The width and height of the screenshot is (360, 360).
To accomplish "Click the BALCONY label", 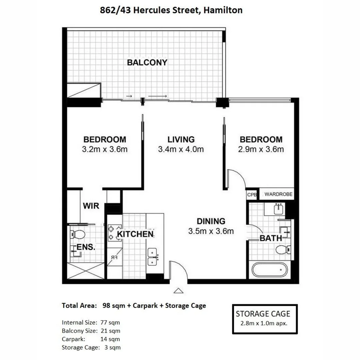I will point(147,62).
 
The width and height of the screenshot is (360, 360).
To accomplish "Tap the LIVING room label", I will point(181,139).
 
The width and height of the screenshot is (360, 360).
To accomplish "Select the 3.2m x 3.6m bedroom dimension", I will point(105,149).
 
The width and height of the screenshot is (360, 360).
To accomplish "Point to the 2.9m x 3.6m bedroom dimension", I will point(261,149).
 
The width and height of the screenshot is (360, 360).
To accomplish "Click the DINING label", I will point(211,221).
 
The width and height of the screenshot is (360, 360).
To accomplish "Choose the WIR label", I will point(91,206).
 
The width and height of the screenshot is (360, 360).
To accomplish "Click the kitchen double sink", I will point(153,257).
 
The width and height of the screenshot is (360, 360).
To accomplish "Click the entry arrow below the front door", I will point(179,291).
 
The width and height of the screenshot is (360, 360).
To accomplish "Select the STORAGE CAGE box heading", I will point(263,314).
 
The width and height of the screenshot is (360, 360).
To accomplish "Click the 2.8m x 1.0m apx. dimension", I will point(263,323).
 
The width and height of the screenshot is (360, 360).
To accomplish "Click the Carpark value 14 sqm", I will point(110,339).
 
